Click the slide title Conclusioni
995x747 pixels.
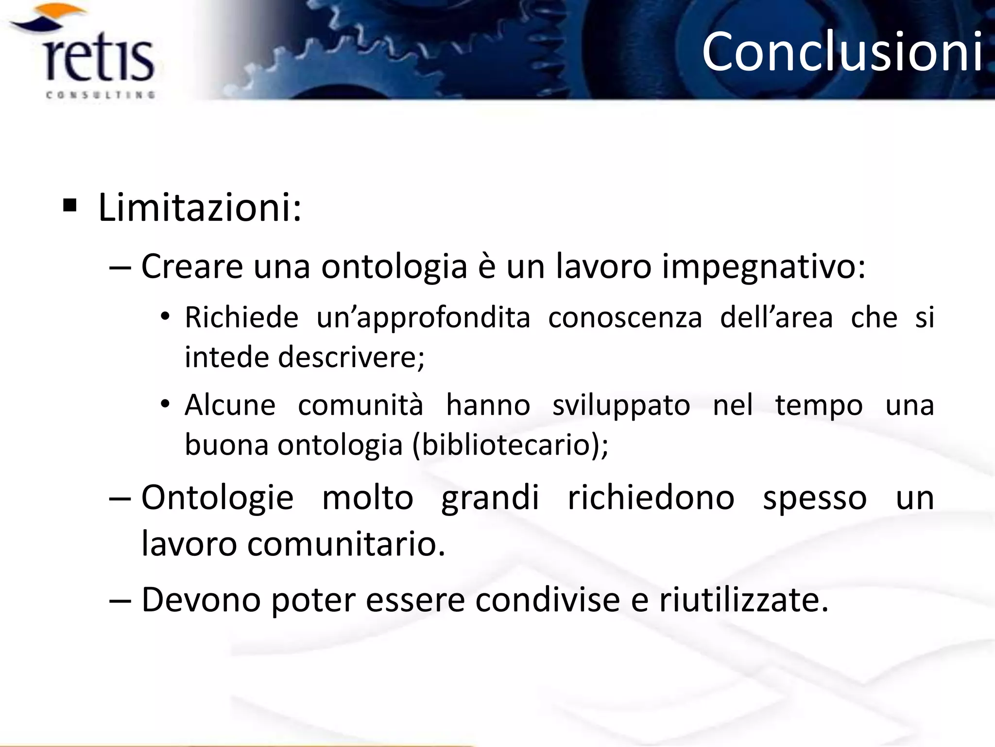coord(842,52)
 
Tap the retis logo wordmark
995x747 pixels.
coord(100,61)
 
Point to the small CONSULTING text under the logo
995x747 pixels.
coord(101,95)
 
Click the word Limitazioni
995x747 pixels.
coord(199,208)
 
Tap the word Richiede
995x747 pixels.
coord(241,318)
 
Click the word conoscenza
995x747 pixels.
coord(625,318)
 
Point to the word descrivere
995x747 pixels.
coord(351,357)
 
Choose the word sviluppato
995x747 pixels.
coord(621,406)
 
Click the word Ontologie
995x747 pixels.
coord(217,498)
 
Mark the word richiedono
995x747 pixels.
coord(651,498)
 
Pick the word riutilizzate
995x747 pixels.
coord(743,600)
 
